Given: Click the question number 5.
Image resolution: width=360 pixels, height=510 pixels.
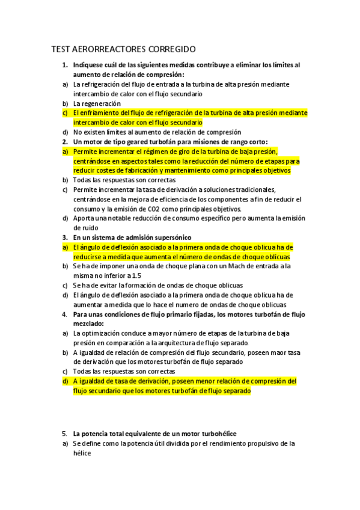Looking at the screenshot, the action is click(x=64, y=434).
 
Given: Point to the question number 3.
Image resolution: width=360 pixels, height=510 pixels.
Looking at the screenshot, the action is click(x=64, y=238).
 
